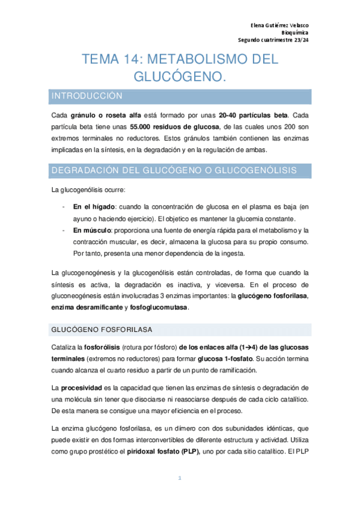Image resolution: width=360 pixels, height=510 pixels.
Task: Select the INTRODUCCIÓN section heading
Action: coord(88,96)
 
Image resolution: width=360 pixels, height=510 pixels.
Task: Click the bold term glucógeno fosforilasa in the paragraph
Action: coord(273,296)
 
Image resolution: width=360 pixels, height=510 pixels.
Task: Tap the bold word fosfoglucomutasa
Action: coord(163,307)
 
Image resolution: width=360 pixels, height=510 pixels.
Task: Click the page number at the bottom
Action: coord(180,478)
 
